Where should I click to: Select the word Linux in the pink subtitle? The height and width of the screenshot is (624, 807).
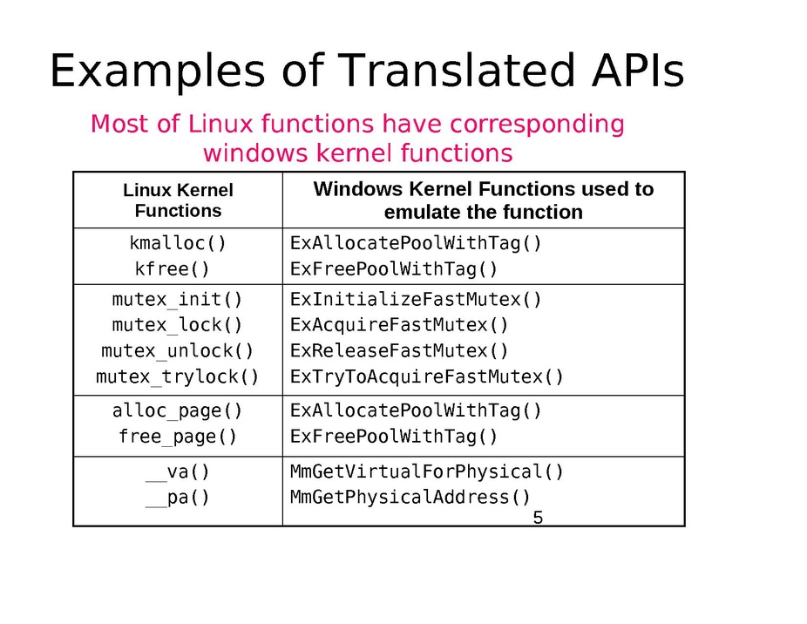click(x=220, y=124)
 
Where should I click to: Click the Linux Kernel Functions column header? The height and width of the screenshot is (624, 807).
click(x=178, y=200)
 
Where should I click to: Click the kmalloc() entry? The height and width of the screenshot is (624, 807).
click(x=178, y=243)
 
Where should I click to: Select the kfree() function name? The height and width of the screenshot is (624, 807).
click(x=172, y=268)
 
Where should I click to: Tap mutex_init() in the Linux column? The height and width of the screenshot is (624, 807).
click(x=177, y=299)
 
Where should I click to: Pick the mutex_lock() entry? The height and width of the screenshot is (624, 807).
click(x=177, y=325)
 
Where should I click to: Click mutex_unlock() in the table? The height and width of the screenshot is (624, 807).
click(x=177, y=350)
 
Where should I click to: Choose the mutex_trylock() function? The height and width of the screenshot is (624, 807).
click(x=177, y=376)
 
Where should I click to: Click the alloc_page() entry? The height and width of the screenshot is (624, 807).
click(x=177, y=410)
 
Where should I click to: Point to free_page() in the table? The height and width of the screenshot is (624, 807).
click(x=177, y=437)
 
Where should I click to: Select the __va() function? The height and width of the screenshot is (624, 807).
click(x=177, y=471)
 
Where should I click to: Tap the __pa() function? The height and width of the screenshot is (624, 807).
click(x=177, y=498)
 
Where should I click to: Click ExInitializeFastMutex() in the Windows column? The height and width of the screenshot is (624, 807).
click(x=416, y=299)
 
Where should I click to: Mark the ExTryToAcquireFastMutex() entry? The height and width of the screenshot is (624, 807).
click(x=427, y=376)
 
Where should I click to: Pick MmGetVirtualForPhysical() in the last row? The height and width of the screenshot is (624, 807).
click(x=427, y=471)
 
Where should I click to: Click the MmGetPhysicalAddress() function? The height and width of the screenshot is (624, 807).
click(x=410, y=498)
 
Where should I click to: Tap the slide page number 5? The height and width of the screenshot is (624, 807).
click(x=538, y=518)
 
